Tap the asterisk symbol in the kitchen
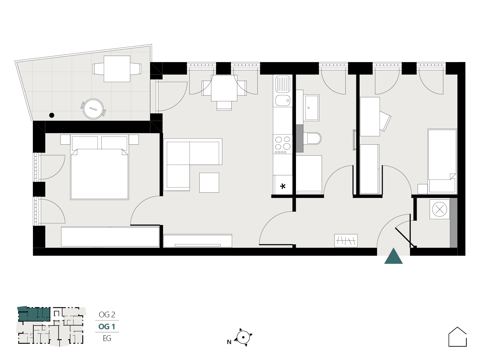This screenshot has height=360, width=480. [283, 186]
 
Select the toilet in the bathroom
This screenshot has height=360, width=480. [314, 138]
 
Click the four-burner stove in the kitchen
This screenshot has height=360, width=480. [283, 144]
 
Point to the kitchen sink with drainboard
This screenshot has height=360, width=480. [283, 91]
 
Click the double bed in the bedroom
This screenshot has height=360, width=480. [99, 167]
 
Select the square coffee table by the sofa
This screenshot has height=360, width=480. [209, 183]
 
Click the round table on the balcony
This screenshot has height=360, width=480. [93, 109]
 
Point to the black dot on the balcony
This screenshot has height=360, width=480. [52, 115]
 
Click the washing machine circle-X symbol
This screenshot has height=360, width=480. [440, 209]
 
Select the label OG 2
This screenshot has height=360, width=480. [107, 315]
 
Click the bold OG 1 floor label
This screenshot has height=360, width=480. [107, 327]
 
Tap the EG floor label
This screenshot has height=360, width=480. [107, 338]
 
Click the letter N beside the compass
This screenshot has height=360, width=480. [229, 342]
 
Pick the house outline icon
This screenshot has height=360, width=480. [457, 337]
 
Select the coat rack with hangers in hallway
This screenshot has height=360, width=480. [346, 241]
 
